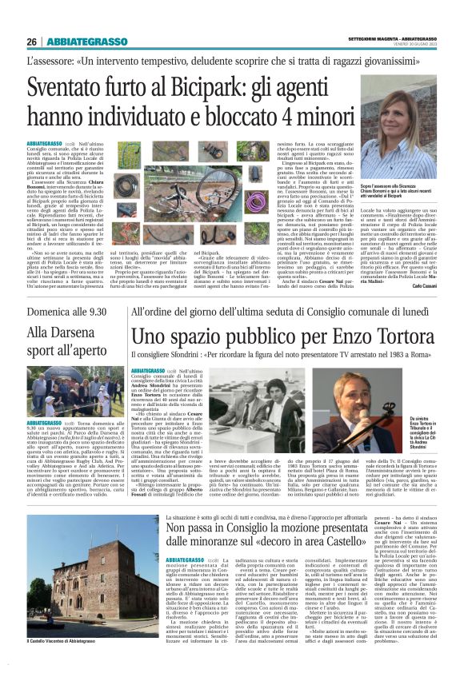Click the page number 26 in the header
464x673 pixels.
[x=31, y=42]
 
